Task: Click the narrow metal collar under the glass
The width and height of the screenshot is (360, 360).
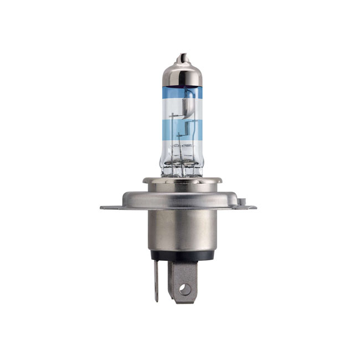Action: [x=182, y=180]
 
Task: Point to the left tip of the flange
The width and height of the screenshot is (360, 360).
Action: [x=103, y=208]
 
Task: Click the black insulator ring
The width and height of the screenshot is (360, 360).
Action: [x=182, y=256]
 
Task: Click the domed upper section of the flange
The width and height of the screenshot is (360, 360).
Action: [x=182, y=194]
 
